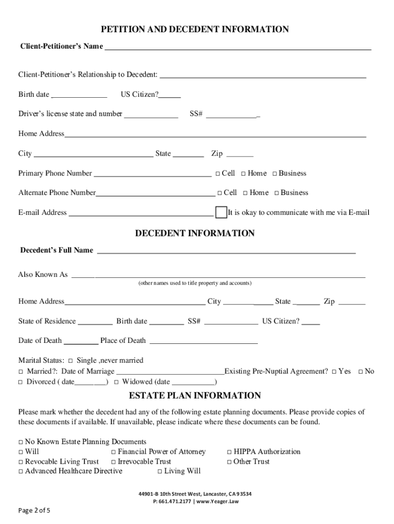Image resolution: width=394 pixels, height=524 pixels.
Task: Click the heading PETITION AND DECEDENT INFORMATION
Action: (194, 30)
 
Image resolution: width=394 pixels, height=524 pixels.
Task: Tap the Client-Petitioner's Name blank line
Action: (237, 47)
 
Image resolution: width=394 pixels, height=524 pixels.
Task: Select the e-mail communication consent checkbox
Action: (221, 212)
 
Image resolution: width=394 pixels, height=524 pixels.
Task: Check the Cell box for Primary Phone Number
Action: (217, 174)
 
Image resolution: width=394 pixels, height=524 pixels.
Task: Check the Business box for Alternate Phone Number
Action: (276, 193)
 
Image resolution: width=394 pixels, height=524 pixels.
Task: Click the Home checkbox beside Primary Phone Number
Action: (244, 174)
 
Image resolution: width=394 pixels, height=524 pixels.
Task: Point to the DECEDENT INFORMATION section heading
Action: (194, 233)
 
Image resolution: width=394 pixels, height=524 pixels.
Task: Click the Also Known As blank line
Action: (218, 275)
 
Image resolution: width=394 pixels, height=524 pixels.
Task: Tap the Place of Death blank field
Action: (203, 341)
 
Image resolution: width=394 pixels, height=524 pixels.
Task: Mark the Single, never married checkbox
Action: (71, 361)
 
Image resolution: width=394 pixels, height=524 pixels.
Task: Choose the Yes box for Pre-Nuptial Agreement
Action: (334, 372)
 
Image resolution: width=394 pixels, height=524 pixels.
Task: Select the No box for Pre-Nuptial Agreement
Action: (361, 372)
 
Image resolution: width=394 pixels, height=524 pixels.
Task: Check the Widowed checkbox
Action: (117, 382)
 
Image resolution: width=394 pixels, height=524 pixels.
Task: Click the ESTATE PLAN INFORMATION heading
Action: (194, 396)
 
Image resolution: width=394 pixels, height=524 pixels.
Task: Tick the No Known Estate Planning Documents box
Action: (21, 442)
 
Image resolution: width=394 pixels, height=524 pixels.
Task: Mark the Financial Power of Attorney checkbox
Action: (114, 452)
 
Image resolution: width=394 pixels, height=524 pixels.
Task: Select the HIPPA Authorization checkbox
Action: (229, 452)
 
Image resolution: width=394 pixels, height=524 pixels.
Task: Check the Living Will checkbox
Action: (160, 471)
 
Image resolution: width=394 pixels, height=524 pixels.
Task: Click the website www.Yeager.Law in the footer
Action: (218, 501)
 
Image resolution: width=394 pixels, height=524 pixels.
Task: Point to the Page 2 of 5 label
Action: (34, 511)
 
